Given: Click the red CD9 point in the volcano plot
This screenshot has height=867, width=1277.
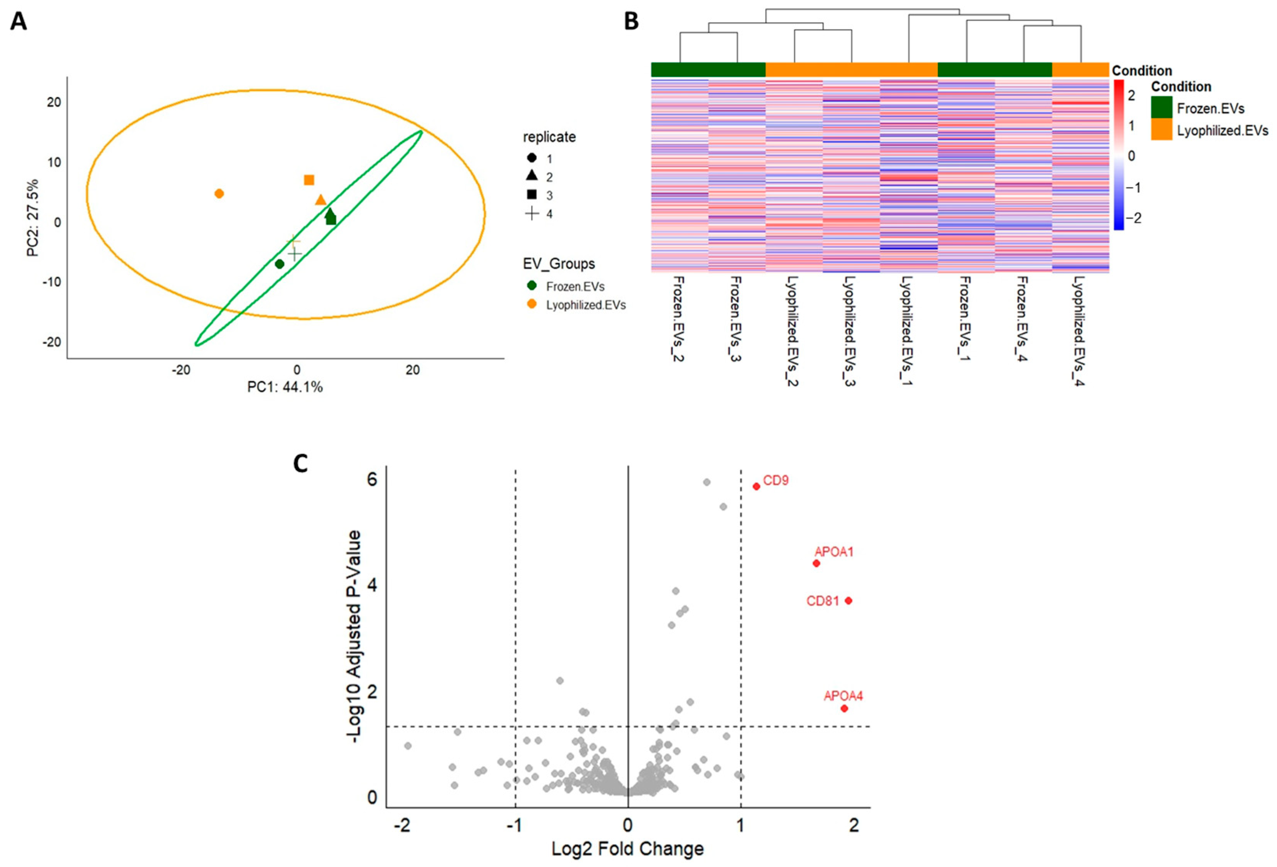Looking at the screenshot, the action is [756, 486].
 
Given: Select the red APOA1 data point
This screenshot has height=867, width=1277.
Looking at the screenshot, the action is [816, 563].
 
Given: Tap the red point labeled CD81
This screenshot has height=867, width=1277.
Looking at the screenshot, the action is [849, 600].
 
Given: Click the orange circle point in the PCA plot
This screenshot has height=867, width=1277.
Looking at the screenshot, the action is [219, 193].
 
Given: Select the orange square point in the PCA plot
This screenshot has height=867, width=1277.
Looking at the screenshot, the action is [309, 180].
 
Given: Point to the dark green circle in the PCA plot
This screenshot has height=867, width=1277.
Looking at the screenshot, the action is [280, 264].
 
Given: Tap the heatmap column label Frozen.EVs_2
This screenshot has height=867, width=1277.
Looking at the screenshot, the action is [678, 319].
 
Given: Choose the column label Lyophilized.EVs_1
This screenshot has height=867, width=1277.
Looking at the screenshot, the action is [906, 330].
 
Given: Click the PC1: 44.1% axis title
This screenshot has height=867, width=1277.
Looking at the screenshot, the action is [285, 387].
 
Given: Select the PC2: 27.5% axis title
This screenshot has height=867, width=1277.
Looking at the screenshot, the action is [33, 217].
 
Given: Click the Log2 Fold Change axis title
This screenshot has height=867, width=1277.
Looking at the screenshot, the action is [628, 849].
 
